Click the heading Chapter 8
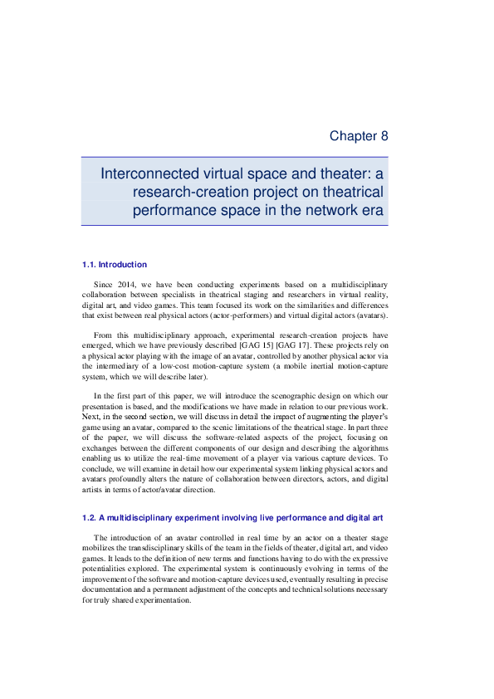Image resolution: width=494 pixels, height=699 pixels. [359, 135]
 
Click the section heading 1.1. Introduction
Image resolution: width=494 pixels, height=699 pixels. [115, 265]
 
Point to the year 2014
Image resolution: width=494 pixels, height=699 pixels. [125, 285]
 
